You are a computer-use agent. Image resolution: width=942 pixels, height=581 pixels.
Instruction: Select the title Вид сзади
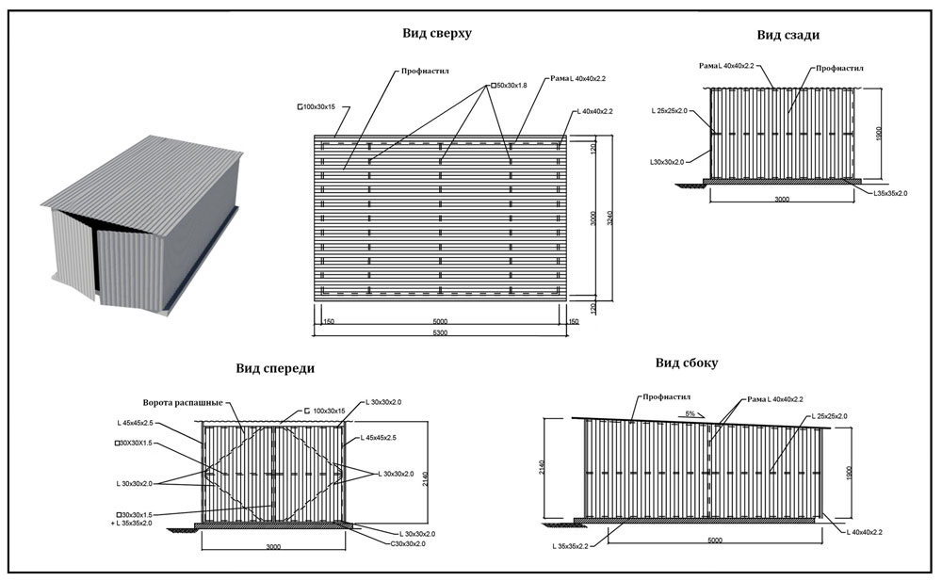(788, 35)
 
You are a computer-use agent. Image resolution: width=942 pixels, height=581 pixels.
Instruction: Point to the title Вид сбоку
(686, 363)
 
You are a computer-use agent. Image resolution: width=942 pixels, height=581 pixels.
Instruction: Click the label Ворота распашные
(182, 403)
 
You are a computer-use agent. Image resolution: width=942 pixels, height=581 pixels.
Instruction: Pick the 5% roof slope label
(690, 413)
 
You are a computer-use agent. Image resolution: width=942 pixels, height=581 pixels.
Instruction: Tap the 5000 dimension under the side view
(714, 540)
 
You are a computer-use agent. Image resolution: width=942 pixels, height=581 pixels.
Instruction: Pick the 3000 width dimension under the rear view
(784, 200)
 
